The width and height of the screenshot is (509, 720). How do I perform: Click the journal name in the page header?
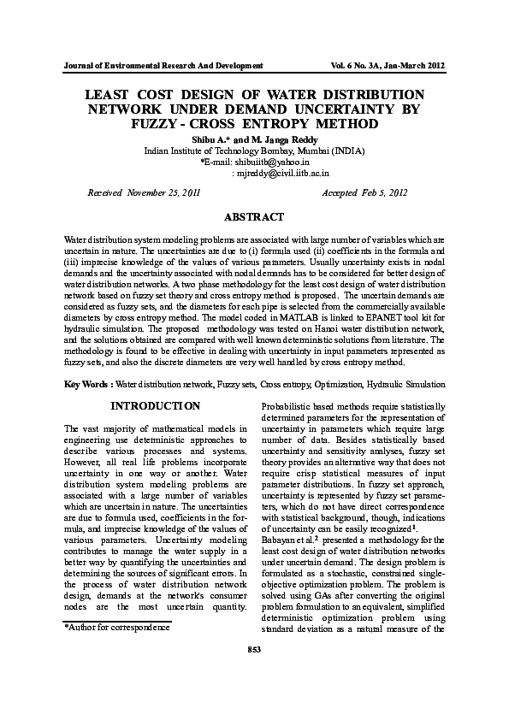(x=163, y=66)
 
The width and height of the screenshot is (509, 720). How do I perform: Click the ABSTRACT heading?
(x=253, y=218)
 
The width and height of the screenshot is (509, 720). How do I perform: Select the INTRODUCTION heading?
(x=156, y=405)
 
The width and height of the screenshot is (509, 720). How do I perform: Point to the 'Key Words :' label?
(x=88, y=385)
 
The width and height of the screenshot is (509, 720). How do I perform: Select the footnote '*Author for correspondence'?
(x=117, y=629)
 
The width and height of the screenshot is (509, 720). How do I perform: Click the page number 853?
(x=253, y=674)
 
